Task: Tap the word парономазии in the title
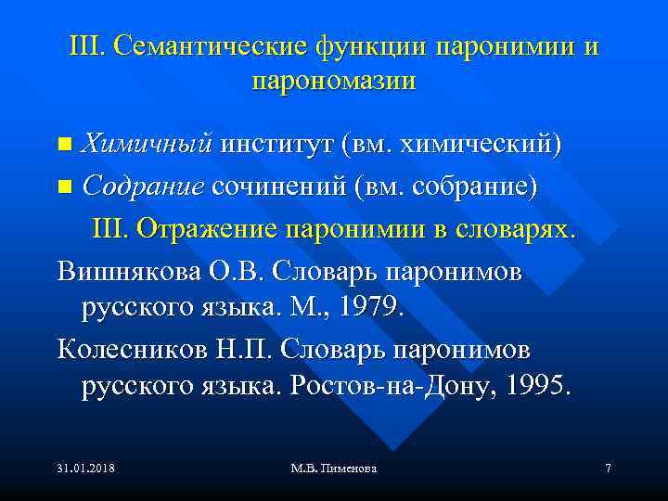[x=333, y=81]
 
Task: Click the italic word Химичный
[x=148, y=145]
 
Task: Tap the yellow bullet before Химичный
[x=64, y=146]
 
